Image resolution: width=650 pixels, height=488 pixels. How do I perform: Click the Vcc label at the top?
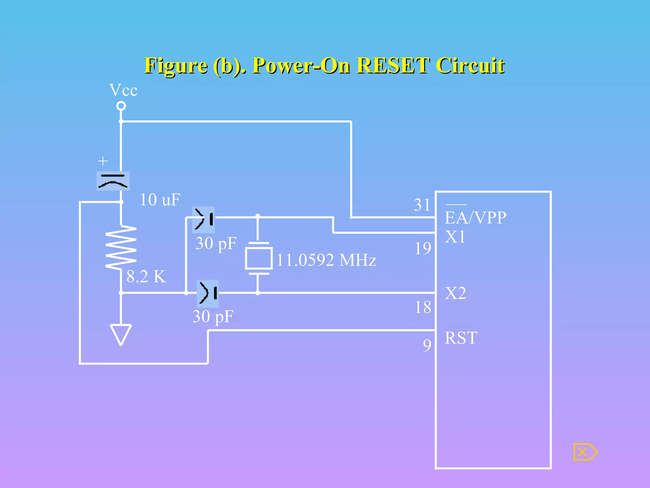123,90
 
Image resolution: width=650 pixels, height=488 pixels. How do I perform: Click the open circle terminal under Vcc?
121,106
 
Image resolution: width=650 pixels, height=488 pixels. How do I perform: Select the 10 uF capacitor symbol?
113,181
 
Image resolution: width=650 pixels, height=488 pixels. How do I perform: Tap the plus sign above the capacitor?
103,161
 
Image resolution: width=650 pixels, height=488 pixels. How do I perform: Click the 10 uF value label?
160,200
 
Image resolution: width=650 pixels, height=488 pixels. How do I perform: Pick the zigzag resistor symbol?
121,247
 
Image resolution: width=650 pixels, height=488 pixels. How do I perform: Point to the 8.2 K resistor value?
146,276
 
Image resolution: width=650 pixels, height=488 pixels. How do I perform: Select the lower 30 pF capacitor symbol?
208,293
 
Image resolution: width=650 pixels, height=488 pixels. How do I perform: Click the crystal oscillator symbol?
259,258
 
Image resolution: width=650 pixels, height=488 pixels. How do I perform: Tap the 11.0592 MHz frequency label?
326,260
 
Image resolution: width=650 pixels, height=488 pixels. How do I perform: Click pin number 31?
422,205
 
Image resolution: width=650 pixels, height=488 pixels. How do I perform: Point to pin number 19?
423,248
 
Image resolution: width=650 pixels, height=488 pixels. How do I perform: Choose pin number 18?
423,307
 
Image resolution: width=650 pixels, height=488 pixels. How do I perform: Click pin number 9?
427,345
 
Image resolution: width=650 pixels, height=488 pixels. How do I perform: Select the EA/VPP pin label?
475,218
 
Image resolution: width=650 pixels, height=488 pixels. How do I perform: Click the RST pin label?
461,338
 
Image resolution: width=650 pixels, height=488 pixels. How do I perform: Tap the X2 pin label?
455,293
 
